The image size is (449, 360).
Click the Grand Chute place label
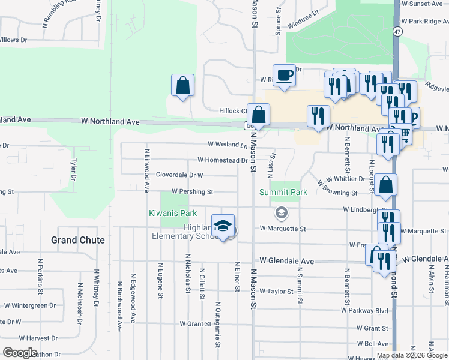click(78, 240)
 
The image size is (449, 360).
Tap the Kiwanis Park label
click(173, 213)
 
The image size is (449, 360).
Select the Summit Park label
click(283, 192)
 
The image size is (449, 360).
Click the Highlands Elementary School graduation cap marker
click(223, 226)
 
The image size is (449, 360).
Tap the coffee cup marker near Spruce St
click(284, 76)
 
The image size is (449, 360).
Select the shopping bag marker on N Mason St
click(258, 115)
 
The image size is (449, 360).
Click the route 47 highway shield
click(397, 31)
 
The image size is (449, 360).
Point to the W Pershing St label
click(192, 192)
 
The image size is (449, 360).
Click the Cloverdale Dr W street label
click(179, 175)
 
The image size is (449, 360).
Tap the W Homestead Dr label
click(222, 160)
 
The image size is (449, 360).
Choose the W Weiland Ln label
click(228, 144)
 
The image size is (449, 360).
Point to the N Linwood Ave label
click(146, 170)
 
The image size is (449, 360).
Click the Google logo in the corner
click(20, 353)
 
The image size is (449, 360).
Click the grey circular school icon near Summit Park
click(281, 213)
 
